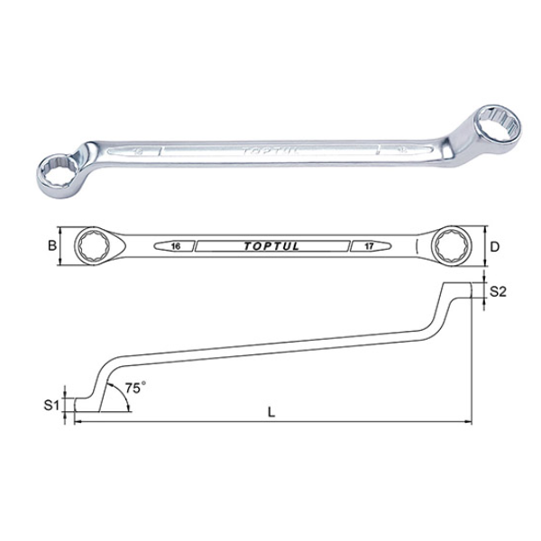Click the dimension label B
(51, 244)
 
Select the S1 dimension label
(51, 405)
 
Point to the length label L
(271, 412)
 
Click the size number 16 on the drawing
(173, 245)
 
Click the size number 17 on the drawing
(369, 245)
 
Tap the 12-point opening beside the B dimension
(94, 244)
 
